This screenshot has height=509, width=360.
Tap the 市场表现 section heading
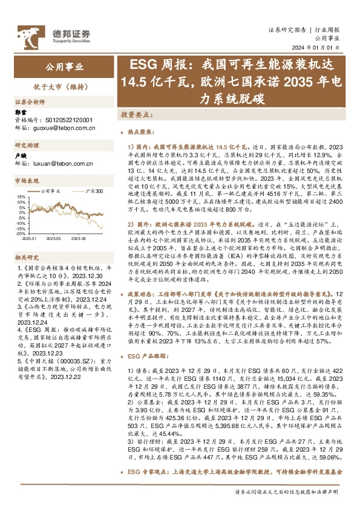tap(27, 181)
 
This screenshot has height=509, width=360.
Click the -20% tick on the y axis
tap(19, 233)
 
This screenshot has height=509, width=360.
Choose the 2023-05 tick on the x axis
tap(56, 238)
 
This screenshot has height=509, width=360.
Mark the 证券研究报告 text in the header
tap(287, 28)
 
